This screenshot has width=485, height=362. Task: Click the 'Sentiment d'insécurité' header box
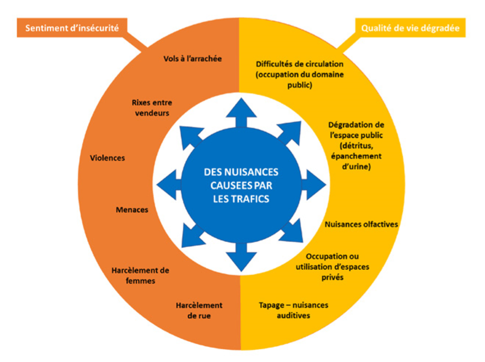point(72,28)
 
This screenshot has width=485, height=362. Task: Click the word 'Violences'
point(107,158)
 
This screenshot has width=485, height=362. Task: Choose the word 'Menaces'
point(131,209)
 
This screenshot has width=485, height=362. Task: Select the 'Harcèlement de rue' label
point(198,310)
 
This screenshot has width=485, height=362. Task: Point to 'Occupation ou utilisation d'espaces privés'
point(332,267)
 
